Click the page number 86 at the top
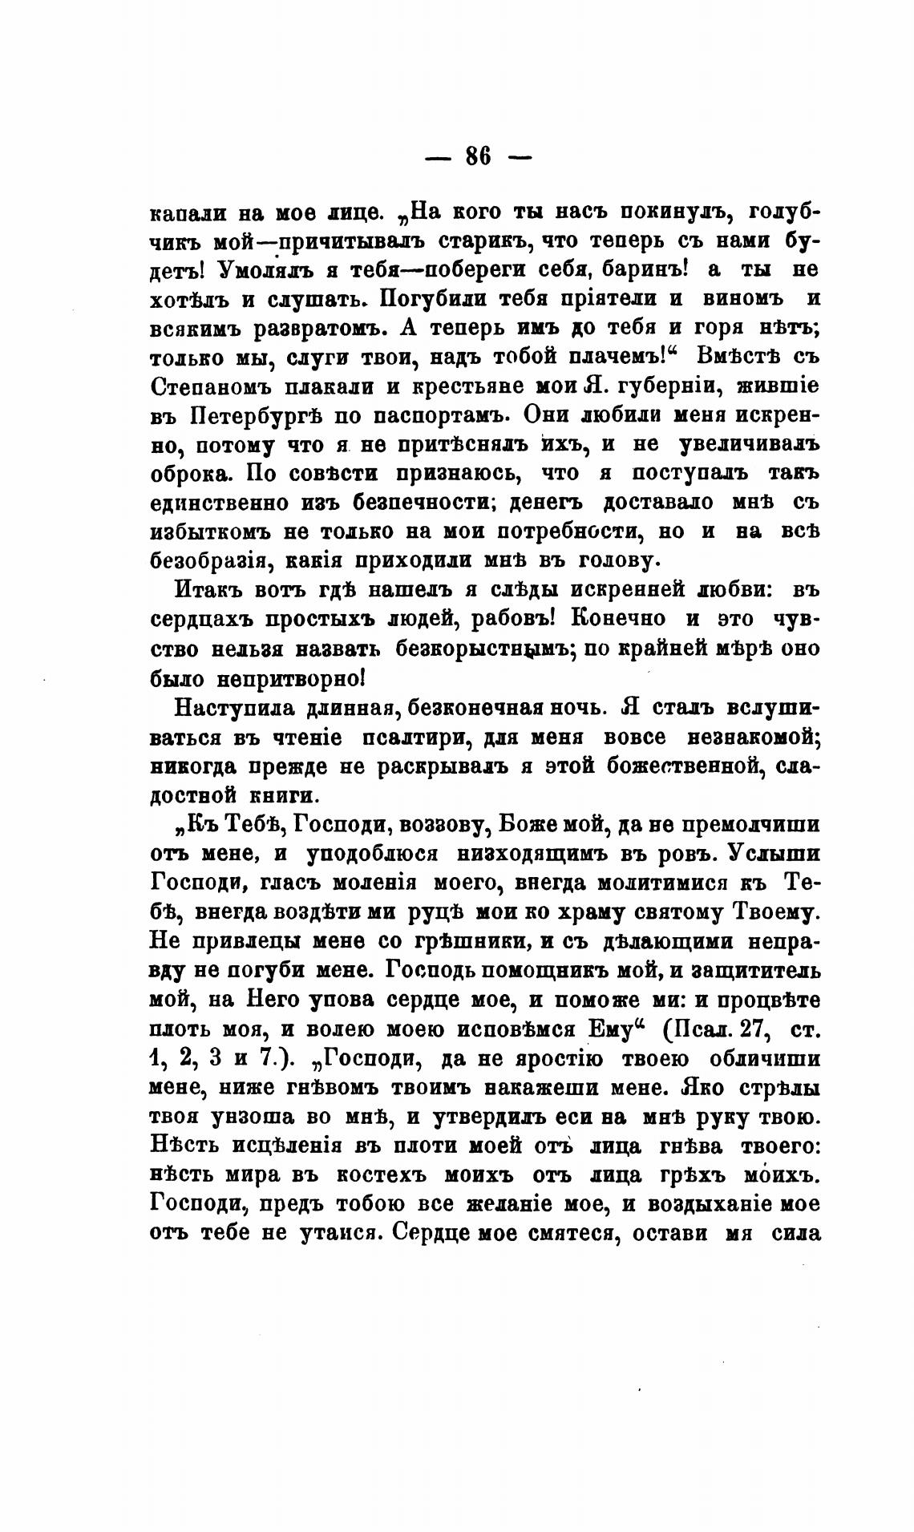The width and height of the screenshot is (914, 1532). point(478,156)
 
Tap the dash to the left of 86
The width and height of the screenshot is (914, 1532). point(438,158)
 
